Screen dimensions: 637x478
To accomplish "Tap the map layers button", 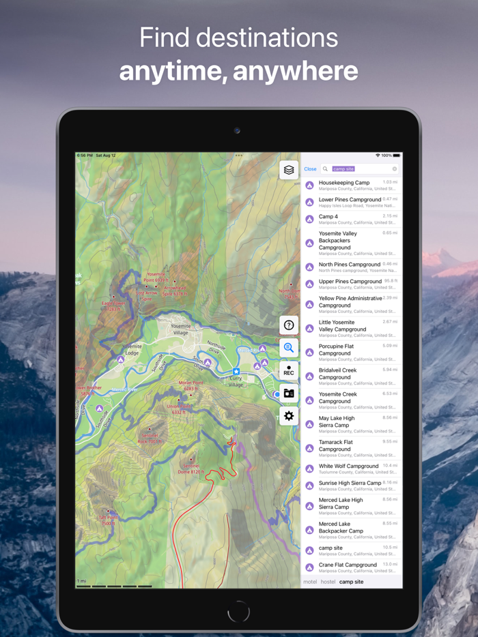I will click(x=289, y=170).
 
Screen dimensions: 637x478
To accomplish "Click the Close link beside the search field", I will click(x=310, y=169).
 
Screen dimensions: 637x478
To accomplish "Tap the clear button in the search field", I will click(x=394, y=169).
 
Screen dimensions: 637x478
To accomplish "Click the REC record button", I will click(x=289, y=371).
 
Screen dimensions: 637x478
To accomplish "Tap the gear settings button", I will click(x=289, y=415).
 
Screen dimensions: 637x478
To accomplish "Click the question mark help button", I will click(x=289, y=325).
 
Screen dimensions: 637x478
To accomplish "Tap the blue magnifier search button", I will click(x=289, y=348).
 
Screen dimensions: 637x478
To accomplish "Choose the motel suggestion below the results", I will click(x=310, y=582).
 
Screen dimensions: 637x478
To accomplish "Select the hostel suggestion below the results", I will click(x=328, y=582).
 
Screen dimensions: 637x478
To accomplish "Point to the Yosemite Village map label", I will click(x=180, y=329).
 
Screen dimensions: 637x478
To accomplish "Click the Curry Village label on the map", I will click(x=236, y=382).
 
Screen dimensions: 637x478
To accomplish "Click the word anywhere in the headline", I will click(x=300, y=70).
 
